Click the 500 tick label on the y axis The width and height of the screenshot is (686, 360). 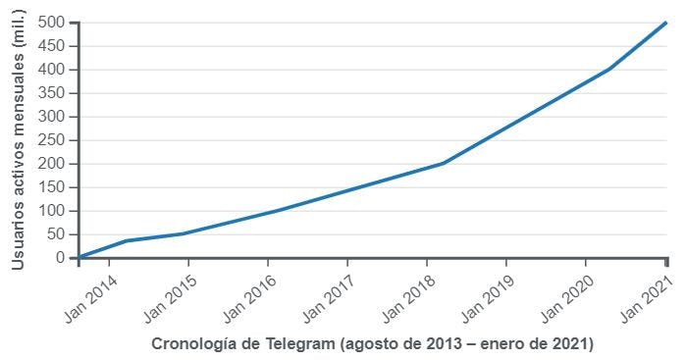pos(53,23)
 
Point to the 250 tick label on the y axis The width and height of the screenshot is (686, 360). pos(53,140)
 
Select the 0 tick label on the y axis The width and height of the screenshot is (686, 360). pos(61,258)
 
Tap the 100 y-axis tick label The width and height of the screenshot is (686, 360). pos(53,211)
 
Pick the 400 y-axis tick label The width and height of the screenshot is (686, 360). pos(53,70)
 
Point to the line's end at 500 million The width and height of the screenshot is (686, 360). pos(666,23)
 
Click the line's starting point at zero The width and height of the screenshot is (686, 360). pos(79,257)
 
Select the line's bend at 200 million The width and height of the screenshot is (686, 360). pos(443,164)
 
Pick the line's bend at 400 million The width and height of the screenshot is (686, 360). pos(609,69)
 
